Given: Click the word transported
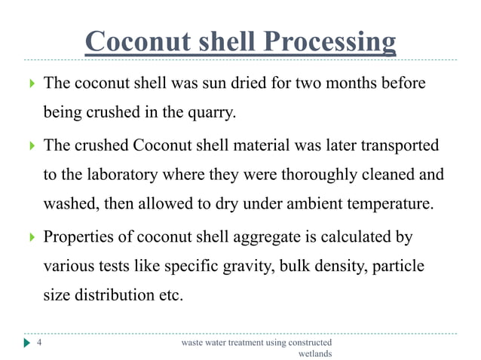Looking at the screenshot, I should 392,145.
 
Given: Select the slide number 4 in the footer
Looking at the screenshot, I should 40,343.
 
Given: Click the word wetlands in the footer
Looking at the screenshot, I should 315,354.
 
